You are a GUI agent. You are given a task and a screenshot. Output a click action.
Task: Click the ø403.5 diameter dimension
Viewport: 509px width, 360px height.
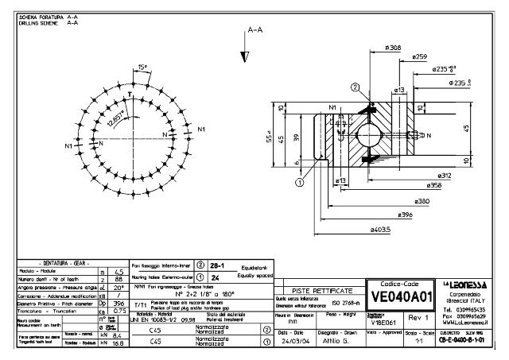tap(381, 230)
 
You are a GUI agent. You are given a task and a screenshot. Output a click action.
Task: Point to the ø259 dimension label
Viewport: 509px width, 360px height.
tap(420, 56)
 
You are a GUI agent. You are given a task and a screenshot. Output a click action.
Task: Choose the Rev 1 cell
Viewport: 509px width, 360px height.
tap(416, 316)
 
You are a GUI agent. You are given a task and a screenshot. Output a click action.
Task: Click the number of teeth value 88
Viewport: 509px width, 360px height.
tap(117, 280)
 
